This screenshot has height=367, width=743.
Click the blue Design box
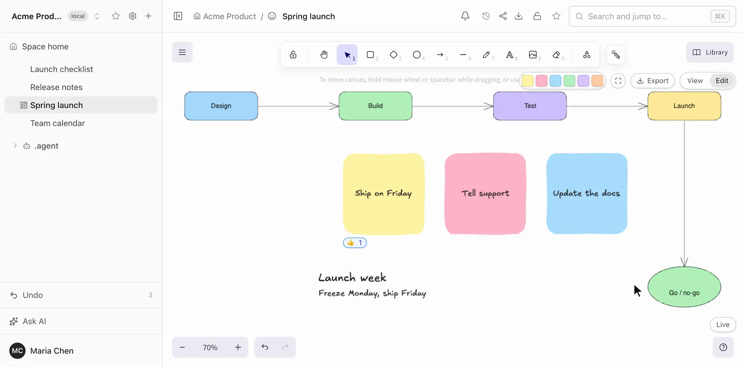[221, 106]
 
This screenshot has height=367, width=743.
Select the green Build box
[376, 106]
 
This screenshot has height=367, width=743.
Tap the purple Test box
[530, 106]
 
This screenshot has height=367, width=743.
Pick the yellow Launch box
[684, 106]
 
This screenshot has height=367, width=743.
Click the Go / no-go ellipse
[684, 287]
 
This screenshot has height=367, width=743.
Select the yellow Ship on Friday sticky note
[384, 194]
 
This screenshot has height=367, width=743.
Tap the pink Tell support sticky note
[485, 194]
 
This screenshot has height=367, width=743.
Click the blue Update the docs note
[587, 194]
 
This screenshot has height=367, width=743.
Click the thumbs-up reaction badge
[355, 243]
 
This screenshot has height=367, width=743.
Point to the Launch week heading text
[352, 277]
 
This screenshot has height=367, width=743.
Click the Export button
[652, 81]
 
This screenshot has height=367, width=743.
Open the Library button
[710, 52]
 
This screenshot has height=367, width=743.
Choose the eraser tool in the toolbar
[556, 55]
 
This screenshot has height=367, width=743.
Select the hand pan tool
[324, 55]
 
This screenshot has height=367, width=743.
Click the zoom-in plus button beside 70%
[238, 347]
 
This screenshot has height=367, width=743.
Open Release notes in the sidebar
[56, 87]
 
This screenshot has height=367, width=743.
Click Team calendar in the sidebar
[58, 124]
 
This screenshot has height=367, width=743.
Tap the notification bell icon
[465, 16]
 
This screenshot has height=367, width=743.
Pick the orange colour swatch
[597, 81]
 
